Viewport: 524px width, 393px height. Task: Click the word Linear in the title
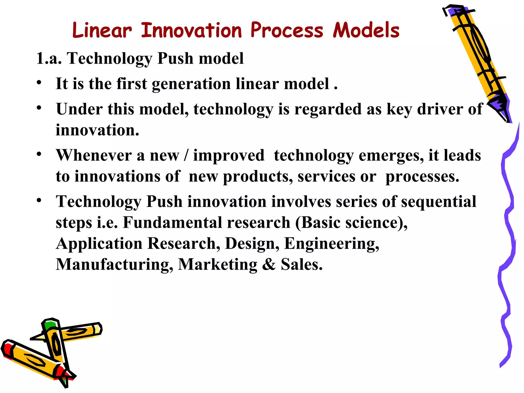[x=102, y=30]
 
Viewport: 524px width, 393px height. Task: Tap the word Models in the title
[x=366, y=30]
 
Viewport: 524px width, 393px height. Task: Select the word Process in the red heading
[x=287, y=30]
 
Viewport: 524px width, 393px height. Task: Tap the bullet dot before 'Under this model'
[x=39, y=108]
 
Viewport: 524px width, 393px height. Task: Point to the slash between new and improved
[x=186, y=155]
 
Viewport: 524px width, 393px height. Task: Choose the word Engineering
[x=331, y=244]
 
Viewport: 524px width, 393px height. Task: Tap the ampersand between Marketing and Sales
[x=269, y=264]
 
